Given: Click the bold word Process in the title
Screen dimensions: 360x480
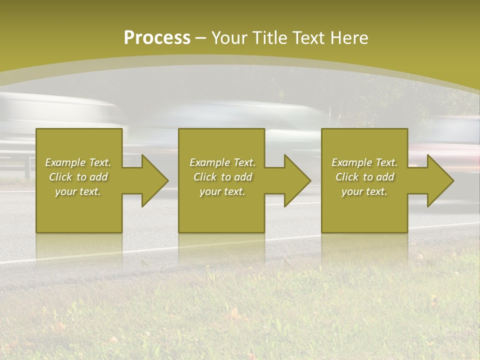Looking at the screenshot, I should (157, 38).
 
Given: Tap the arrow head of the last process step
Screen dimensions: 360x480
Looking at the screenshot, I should (439, 180).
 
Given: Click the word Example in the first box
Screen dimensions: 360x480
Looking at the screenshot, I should (65, 162).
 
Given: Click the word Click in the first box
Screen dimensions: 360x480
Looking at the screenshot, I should (60, 177).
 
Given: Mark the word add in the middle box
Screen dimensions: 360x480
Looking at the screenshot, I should (243, 177).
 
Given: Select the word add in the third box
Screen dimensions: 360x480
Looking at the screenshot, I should (385, 177).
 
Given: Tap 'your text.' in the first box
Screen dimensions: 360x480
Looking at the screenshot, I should (78, 191).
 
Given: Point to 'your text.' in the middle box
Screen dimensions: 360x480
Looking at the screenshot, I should (222, 191).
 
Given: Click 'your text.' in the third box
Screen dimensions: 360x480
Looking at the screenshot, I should (364, 191).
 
